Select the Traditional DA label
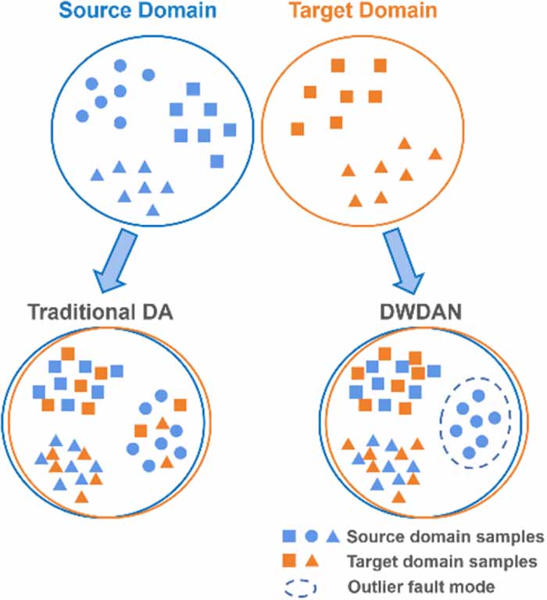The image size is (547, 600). pos(99,312)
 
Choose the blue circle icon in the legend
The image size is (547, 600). pos(311,536)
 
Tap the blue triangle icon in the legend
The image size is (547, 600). pos(331,536)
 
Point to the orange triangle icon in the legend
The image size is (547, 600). pos(312,560)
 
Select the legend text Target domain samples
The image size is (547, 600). pos(442,561)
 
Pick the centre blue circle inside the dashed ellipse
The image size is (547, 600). pos(475,422)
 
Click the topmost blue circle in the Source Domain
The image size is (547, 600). pos(120,66)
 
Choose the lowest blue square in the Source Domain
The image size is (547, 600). pos(217,161)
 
